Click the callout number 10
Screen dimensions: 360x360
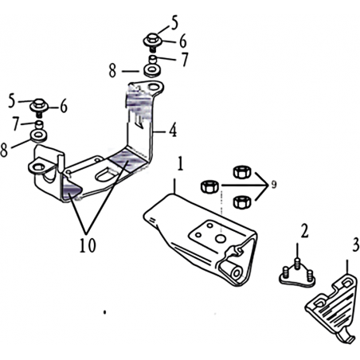88,245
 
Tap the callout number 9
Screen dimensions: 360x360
274,184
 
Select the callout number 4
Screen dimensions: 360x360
173,130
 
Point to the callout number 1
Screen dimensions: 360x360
180,163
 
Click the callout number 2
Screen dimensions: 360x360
304,230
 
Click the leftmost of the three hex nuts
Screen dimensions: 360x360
210,186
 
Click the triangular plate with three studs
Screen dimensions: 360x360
297,276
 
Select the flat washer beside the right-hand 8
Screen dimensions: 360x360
151,71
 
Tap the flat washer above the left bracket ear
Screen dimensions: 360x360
38,135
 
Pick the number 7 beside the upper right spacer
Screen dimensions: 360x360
184,60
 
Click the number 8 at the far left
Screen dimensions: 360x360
4,151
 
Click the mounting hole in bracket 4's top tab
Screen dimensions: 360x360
154,87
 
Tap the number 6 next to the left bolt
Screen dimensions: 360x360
64,106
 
